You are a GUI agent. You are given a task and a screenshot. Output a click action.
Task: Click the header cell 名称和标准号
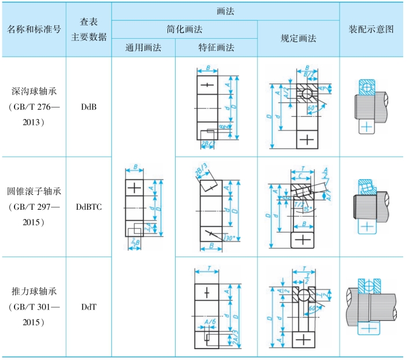(34, 29)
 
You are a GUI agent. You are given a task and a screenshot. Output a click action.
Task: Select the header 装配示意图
(372, 29)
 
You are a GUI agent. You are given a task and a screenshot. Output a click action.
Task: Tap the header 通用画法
(143, 48)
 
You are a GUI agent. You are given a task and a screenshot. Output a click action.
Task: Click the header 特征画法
(216, 48)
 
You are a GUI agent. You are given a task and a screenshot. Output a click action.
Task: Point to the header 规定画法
(298, 38)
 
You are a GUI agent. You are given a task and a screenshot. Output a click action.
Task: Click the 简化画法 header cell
(184, 29)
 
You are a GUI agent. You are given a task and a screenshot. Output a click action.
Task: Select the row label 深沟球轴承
(34, 91)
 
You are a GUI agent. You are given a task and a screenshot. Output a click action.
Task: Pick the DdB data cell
(89, 107)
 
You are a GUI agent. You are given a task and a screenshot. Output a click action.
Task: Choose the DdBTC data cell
(89, 206)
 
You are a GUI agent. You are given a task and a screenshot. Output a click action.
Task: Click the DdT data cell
(89, 306)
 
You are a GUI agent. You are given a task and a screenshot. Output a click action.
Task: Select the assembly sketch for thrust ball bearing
(371, 306)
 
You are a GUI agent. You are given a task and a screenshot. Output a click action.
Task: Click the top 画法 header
(225, 10)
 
